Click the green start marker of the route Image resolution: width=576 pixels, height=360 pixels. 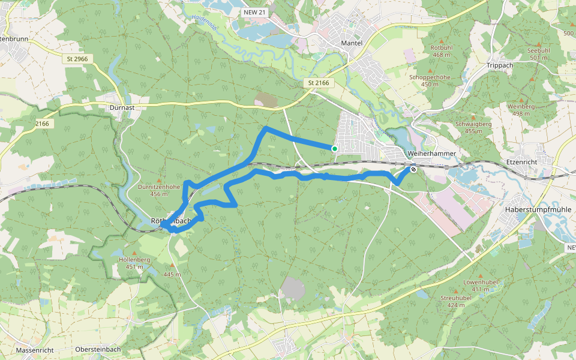click(x=334, y=148)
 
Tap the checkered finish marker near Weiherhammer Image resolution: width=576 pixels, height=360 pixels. click(x=413, y=169)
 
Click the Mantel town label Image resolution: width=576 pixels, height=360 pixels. click(x=352, y=43)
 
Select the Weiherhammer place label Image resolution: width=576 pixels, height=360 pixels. click(x=431, y=154)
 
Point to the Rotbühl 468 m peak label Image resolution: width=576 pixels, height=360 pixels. click(x=441, y=51)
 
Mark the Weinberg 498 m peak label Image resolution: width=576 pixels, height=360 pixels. click(x=520, y=110)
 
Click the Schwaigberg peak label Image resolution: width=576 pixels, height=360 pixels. click(x=473, y=127)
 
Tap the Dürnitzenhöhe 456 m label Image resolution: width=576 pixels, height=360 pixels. click(x=159, y=190)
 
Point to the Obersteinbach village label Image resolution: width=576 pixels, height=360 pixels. click(x=98, y=349)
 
